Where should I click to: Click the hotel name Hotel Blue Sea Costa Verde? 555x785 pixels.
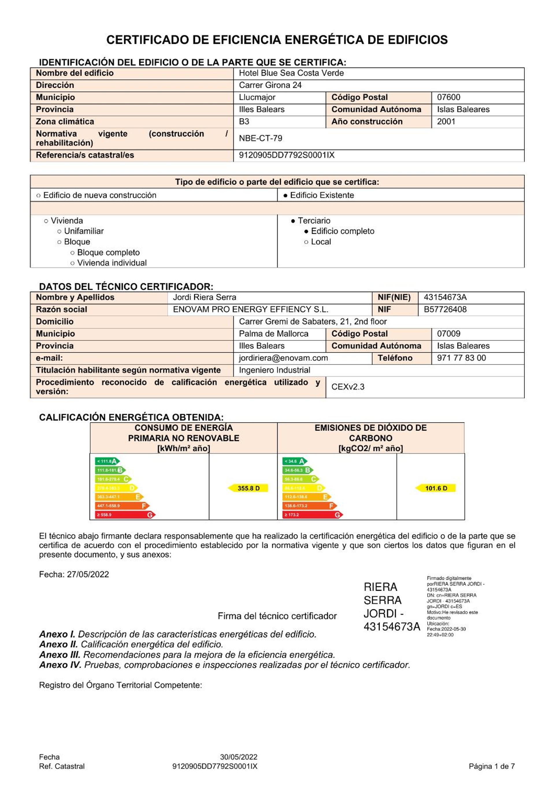(291, 73)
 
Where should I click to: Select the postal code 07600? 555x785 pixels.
(448, 97)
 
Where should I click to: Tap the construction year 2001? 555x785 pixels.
(446, 122)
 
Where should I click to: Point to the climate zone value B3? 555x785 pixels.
(244, 122)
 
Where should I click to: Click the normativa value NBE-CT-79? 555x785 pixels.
(260, 138)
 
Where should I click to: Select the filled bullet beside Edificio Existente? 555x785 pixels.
(285, 196)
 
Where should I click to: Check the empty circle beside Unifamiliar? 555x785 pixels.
(60, 232)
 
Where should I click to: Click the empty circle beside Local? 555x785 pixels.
(306, 242)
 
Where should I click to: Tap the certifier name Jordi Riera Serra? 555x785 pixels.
(204, 297)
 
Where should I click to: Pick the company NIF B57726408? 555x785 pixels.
(445, 310)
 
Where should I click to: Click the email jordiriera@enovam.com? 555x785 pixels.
(283, 358)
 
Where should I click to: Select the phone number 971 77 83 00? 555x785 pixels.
(461, 358)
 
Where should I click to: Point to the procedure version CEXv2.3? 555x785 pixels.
(348, 387)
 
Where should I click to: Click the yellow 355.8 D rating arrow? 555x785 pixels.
(248, 488)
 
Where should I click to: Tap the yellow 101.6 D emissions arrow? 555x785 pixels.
(435, 488)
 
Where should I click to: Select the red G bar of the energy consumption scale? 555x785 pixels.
(125, 515)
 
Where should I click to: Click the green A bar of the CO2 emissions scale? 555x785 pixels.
(295, 461)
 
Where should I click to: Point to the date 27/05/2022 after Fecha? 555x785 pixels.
(88, 574)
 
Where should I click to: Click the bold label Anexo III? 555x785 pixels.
(60, 655)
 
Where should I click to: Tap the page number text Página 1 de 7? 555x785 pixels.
(491, 767)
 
